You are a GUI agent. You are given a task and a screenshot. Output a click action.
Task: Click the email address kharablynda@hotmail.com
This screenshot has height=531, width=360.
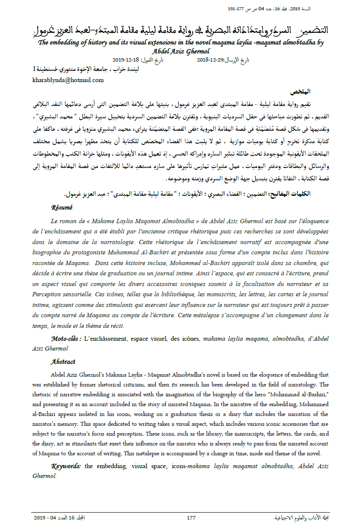pos(68,80)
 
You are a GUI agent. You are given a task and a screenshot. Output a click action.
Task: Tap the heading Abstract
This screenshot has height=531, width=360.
pos(63,362)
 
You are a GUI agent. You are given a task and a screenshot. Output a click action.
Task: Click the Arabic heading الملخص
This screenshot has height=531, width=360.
pos(300,92)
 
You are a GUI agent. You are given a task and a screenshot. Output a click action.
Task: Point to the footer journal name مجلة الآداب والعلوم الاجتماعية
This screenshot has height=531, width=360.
pos(303,518)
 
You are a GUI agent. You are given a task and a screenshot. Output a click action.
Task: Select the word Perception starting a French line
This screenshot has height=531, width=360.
pos(49,295)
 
